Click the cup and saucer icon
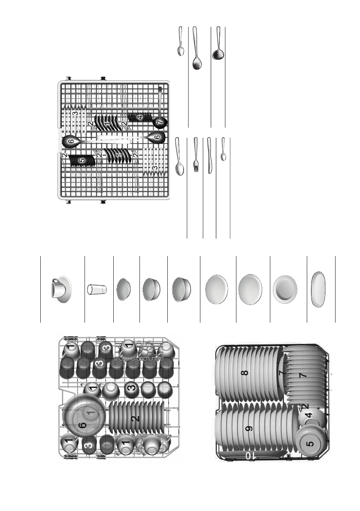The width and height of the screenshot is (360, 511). (61, 288)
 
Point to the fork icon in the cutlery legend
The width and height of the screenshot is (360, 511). (196, 155)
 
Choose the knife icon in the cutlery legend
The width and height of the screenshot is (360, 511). (209, 155)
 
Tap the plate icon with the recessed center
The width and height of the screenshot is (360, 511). (284, 289)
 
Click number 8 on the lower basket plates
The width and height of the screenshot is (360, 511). (245, 372)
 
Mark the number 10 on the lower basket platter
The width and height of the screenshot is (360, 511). (251, 456)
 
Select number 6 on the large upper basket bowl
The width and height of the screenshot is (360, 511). (83, 424)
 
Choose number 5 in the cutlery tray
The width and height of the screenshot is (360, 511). (82, 160)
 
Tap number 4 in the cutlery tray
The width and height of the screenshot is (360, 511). (139, 116)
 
